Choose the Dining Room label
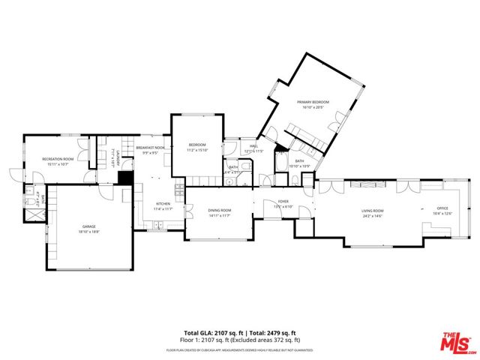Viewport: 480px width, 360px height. click(220, 210)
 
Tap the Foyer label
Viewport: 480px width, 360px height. click(283, 201)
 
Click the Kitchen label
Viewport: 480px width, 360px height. click(163, 204)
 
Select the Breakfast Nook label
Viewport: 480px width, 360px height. click(150, 148)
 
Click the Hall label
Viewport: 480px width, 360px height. click(253, 146)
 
